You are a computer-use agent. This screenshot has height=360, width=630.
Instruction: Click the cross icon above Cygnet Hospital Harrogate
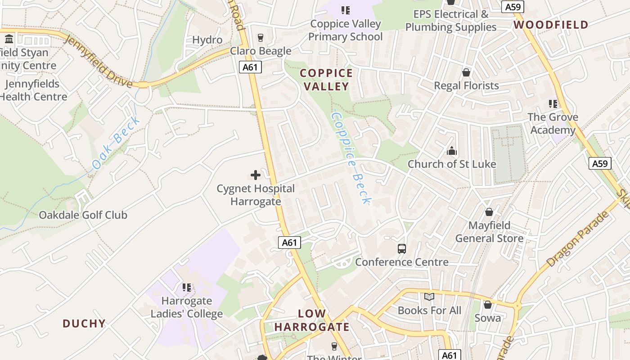tap(255, 175)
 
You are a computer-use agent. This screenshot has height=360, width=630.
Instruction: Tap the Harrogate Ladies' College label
tap(186, 307)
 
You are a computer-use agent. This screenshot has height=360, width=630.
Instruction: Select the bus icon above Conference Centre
tap(401, 248)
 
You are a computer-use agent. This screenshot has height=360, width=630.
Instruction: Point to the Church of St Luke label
tap(451, 164)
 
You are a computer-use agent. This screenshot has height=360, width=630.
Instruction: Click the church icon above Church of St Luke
tap(451, 151)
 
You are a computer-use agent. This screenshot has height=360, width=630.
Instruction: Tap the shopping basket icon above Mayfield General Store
tap(489, 212)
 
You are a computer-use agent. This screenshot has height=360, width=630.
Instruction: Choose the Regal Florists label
tap(466, 85)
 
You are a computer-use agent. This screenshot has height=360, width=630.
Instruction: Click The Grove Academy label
tap(553, 124)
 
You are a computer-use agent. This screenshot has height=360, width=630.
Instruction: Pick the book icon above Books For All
tap(429, 297)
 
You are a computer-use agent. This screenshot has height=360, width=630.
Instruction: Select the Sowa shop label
tap(487, 318)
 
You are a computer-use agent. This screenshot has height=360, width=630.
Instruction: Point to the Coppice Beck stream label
tap(351, 157)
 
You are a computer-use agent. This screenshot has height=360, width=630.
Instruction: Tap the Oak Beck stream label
tap(117, 143)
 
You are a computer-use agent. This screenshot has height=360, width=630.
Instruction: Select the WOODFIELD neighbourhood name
tap(551, 25)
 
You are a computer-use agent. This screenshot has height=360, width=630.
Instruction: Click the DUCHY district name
tap(84, 324)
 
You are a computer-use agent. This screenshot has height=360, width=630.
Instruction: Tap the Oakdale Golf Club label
tap(83, 215)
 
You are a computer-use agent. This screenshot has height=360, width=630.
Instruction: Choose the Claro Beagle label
tap(261, 51)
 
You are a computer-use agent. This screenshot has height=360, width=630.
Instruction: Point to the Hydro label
tap(207, 40)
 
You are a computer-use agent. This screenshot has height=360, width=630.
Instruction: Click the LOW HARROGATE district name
tap(312, 320)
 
